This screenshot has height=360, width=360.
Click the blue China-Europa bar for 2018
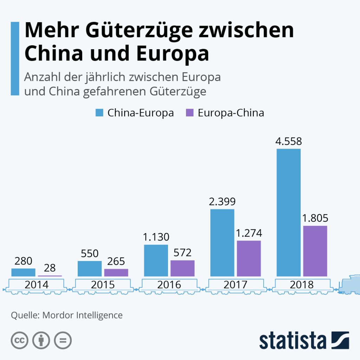[x=289, y=212]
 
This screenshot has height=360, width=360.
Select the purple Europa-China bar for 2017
[x=249, y=258]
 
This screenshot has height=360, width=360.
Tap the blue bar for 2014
[x=23, y=272]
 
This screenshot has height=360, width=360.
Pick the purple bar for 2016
[x=182, y=268]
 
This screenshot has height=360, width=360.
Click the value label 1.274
[x=249, y=233]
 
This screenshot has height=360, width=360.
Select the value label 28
[x=50, y=268]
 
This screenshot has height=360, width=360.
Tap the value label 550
[x=90, y=253]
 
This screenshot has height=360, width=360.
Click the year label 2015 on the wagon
[x=103, y=284]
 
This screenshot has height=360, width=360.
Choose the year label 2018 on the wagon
[x=302, y=284]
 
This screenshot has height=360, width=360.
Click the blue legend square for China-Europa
[x=99, y=113]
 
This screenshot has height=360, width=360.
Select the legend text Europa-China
[x=231, y=113]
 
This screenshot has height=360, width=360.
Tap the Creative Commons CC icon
[x=20, y=340]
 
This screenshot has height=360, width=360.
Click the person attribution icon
[x=41, y=340]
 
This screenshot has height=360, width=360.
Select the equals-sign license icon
[x=63, y=340]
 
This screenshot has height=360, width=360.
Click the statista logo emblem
[x=340, y=340]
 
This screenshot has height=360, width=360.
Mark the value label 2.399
[x=222, y=202]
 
